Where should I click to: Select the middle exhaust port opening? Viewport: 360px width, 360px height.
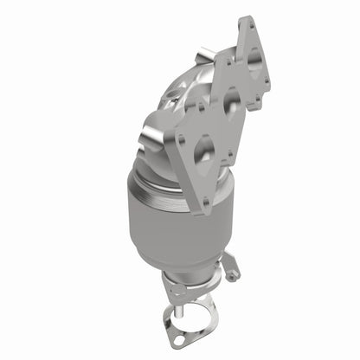click(x=231, y=103)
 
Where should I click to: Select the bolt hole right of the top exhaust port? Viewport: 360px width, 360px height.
click(x=266, y=84)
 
